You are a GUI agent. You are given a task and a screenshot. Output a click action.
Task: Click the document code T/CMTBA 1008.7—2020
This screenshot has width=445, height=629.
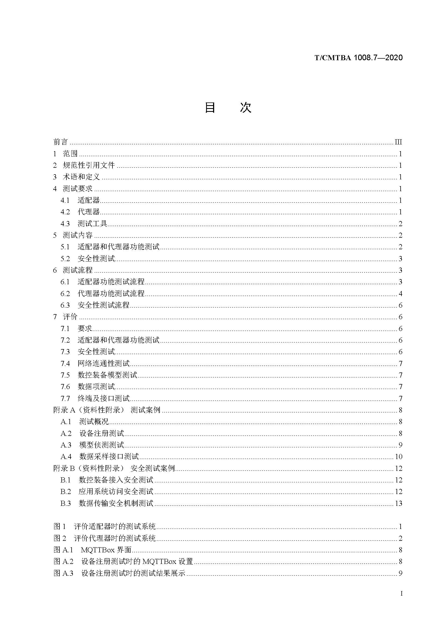pos(358,58)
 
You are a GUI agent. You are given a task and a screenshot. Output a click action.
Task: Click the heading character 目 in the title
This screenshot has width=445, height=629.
pos(210,107)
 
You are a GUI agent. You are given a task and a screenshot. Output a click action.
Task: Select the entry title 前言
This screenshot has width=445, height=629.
pos(60,142)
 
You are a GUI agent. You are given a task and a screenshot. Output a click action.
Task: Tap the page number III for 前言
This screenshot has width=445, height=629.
pos(398,142)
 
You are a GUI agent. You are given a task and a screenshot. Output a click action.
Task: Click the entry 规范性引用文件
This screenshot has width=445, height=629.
pos(89,165)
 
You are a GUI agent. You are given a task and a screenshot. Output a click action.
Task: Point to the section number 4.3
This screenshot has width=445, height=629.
pos(65,223)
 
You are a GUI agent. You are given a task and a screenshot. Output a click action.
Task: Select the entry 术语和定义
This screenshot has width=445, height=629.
pos(81,177)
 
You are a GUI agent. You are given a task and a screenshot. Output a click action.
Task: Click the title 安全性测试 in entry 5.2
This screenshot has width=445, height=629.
pos(96,258)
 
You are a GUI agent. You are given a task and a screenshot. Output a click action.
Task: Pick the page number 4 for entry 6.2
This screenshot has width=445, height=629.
pos(400,294)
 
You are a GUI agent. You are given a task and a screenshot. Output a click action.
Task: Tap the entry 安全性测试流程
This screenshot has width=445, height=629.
pos(103,305)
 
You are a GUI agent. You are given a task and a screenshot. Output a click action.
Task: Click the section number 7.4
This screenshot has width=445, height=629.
pos(65,364)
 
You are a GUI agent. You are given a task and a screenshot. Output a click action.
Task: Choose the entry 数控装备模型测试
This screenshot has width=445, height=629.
pos(107,375)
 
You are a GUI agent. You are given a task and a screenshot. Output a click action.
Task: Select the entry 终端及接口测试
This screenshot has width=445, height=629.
pos(103,398)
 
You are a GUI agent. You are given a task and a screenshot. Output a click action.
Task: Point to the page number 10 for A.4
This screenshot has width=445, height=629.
pos(398,457)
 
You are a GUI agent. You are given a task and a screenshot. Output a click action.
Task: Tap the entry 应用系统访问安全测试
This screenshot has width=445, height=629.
pos(116,492)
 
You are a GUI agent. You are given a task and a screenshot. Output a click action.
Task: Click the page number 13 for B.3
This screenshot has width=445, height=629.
pos(398,503)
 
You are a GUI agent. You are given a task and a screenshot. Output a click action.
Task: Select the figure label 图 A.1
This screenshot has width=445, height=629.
pos(63,550)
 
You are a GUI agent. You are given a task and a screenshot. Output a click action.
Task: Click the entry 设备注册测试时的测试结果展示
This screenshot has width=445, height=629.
pos(133,573)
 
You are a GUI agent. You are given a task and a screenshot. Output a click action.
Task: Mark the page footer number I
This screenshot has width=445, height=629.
pos(401,601)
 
